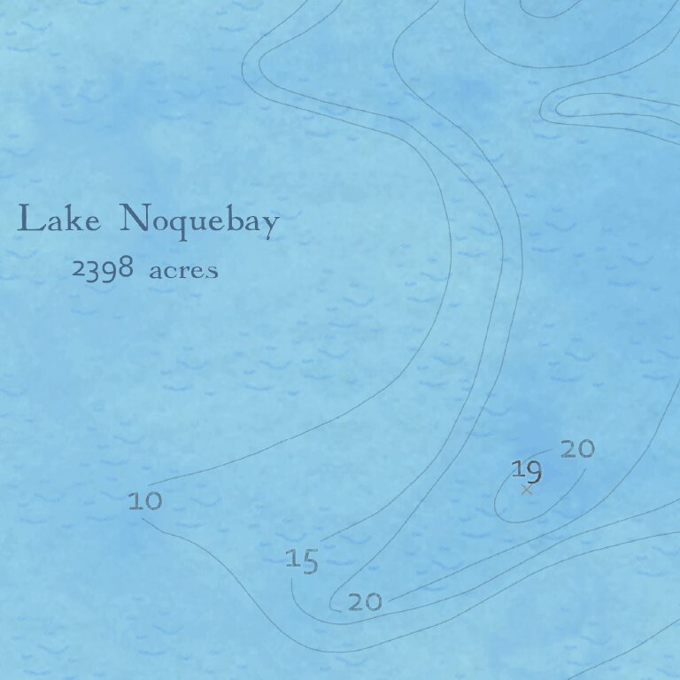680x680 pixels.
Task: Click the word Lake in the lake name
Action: (58, 220)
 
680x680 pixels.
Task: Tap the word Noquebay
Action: (198, 220)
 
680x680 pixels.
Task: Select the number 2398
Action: (103, 269)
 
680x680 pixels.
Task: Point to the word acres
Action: (183, 271)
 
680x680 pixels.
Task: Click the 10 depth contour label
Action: (145, 502)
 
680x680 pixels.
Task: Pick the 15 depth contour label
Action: (302, 560)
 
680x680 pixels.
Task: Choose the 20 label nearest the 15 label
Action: (365, 603)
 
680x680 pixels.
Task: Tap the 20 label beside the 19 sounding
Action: (577, 450)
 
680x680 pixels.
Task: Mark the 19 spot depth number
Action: (526, 470)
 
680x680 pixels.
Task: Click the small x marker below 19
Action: (528, 490)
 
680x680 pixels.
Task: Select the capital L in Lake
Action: (28, 219)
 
